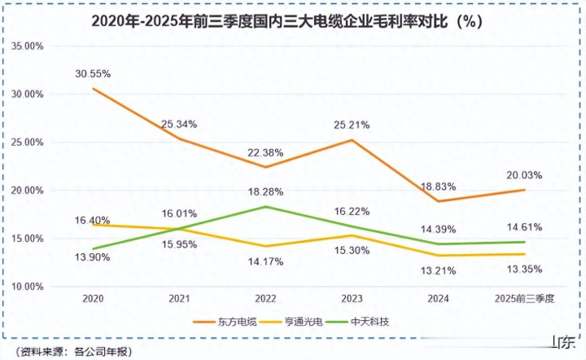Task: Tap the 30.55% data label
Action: (x=93, y=73)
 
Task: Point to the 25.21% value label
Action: (x=351, y=125)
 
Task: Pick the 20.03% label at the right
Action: (x=523, y=175)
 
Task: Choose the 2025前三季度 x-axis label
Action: (x=524, y=300)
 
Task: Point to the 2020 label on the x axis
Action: (x=93, y=300)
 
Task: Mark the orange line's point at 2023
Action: (x=352, y=140)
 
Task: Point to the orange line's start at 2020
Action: (x=93, y=89)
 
